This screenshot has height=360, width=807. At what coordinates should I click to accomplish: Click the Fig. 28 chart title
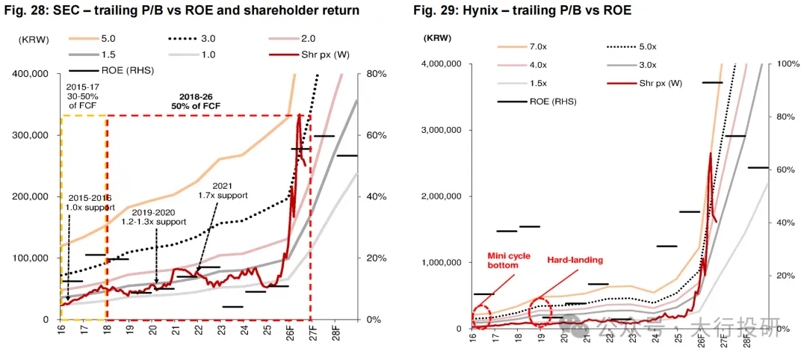180,10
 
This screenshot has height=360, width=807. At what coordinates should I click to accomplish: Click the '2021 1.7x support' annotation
223,190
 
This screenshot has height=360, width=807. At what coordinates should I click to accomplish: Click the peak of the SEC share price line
300,114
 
